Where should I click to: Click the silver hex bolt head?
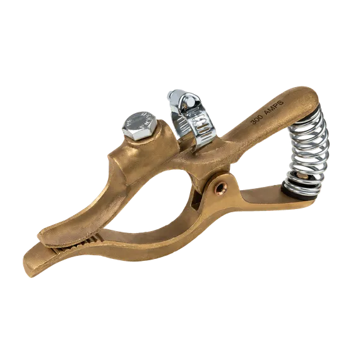(x=140, y=125)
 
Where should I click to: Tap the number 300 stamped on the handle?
(x=256, y=119)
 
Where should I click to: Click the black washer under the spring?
(x=299, y=193)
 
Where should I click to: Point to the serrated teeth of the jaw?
(x=76, y=245)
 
